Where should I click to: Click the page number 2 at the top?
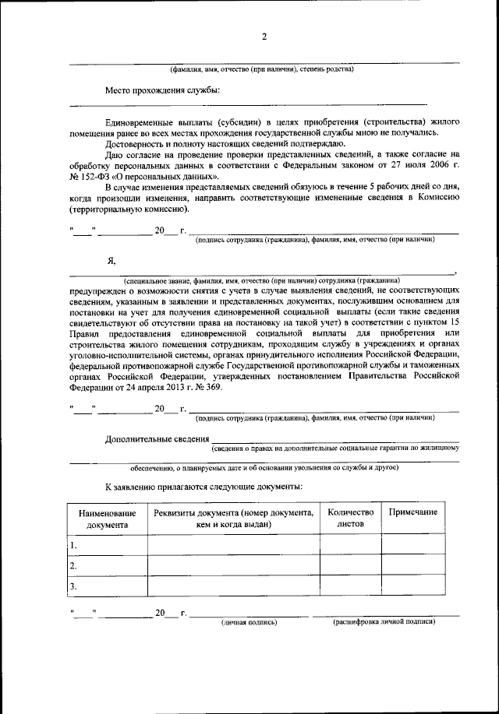click(x=264, y=37)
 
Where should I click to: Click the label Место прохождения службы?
click(x=162, y=90)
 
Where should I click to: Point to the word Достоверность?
click(x=134, y=144)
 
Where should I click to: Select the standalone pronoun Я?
click(x=111, y=262)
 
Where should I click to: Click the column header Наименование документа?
click(x=107, y=519)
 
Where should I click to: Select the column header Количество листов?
click(x=350, y=519)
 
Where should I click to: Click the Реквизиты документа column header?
click(x=233, y=519)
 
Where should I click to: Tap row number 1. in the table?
click(x=74, y=545)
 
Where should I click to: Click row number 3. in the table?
click(x=74, y=586)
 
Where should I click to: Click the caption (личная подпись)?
click(x=249, y=622)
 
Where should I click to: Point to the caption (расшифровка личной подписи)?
click(x=384, y=622)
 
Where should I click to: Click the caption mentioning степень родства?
click(x=263, y=69)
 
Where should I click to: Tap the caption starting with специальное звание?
click(x=262, y=279)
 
